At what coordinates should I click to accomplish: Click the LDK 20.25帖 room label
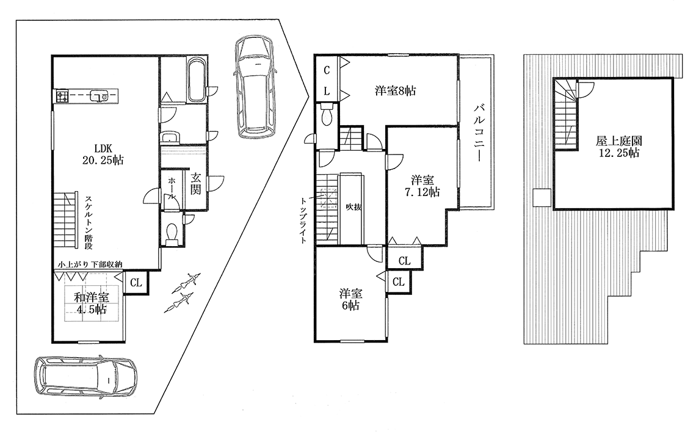109,154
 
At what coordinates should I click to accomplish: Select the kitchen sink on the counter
98,96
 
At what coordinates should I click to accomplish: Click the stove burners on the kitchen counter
62,96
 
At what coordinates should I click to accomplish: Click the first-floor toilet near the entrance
172,233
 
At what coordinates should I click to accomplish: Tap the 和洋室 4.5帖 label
92,303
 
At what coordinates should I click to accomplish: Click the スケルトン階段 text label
89,222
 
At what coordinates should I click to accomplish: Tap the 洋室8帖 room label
395,92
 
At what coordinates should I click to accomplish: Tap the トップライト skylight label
303,220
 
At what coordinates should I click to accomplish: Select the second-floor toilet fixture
326,115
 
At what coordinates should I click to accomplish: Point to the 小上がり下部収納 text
90,264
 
